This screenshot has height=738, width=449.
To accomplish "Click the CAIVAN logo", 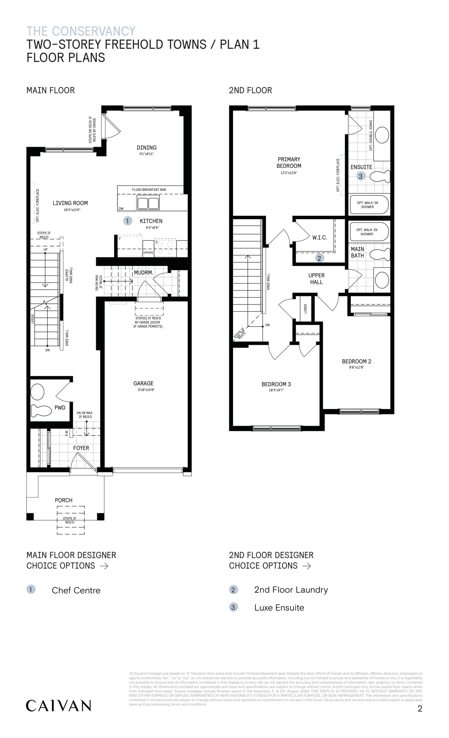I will (58, 706).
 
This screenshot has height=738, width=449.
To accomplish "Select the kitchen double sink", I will (148, 203).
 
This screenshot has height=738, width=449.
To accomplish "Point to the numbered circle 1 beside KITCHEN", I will (127, 221).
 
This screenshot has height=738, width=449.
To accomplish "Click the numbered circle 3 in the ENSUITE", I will (360, 176).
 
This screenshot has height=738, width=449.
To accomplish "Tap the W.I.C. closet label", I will (319, 238).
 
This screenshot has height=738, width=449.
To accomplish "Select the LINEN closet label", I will (305, 308).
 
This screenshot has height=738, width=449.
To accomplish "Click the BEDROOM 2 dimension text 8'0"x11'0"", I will (356, 367).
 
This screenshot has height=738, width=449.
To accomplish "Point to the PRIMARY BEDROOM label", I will (288, 163).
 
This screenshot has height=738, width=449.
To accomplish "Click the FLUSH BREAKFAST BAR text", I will (149, 190).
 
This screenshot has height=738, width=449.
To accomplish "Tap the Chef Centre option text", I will (76, 590).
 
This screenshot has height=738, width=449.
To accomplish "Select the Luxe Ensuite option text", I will (279, 608).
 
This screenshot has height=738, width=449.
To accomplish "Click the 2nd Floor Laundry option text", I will (291, 590).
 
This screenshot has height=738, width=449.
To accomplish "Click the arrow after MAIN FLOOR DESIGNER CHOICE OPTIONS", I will (104, 566).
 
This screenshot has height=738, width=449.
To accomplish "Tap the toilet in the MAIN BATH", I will (379, 255).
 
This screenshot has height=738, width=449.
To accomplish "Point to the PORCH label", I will (64, 500).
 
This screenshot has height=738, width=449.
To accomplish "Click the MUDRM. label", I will (144, 272).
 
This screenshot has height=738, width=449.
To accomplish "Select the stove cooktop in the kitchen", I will (165, 247).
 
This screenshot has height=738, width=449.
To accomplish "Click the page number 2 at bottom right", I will (420, 708).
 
